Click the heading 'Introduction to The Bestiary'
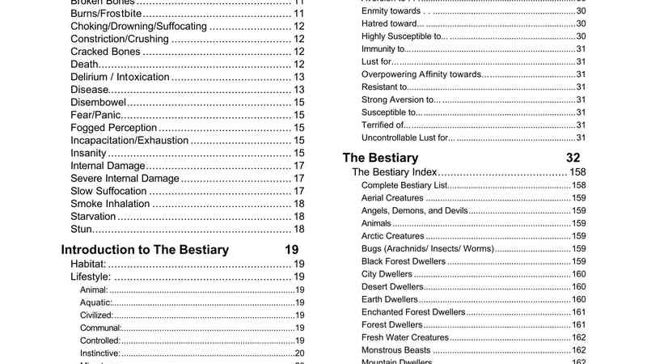145,249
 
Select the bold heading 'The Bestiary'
380,158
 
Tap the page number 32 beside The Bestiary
573,158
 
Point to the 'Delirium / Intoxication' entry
120,78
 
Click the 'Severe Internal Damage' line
124,179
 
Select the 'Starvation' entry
94,217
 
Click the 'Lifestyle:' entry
91,277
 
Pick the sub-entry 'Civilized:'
97,315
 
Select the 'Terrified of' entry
383,125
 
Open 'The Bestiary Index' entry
395,172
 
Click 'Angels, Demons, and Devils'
415,210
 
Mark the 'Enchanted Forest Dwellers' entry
413,312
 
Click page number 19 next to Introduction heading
293,249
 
